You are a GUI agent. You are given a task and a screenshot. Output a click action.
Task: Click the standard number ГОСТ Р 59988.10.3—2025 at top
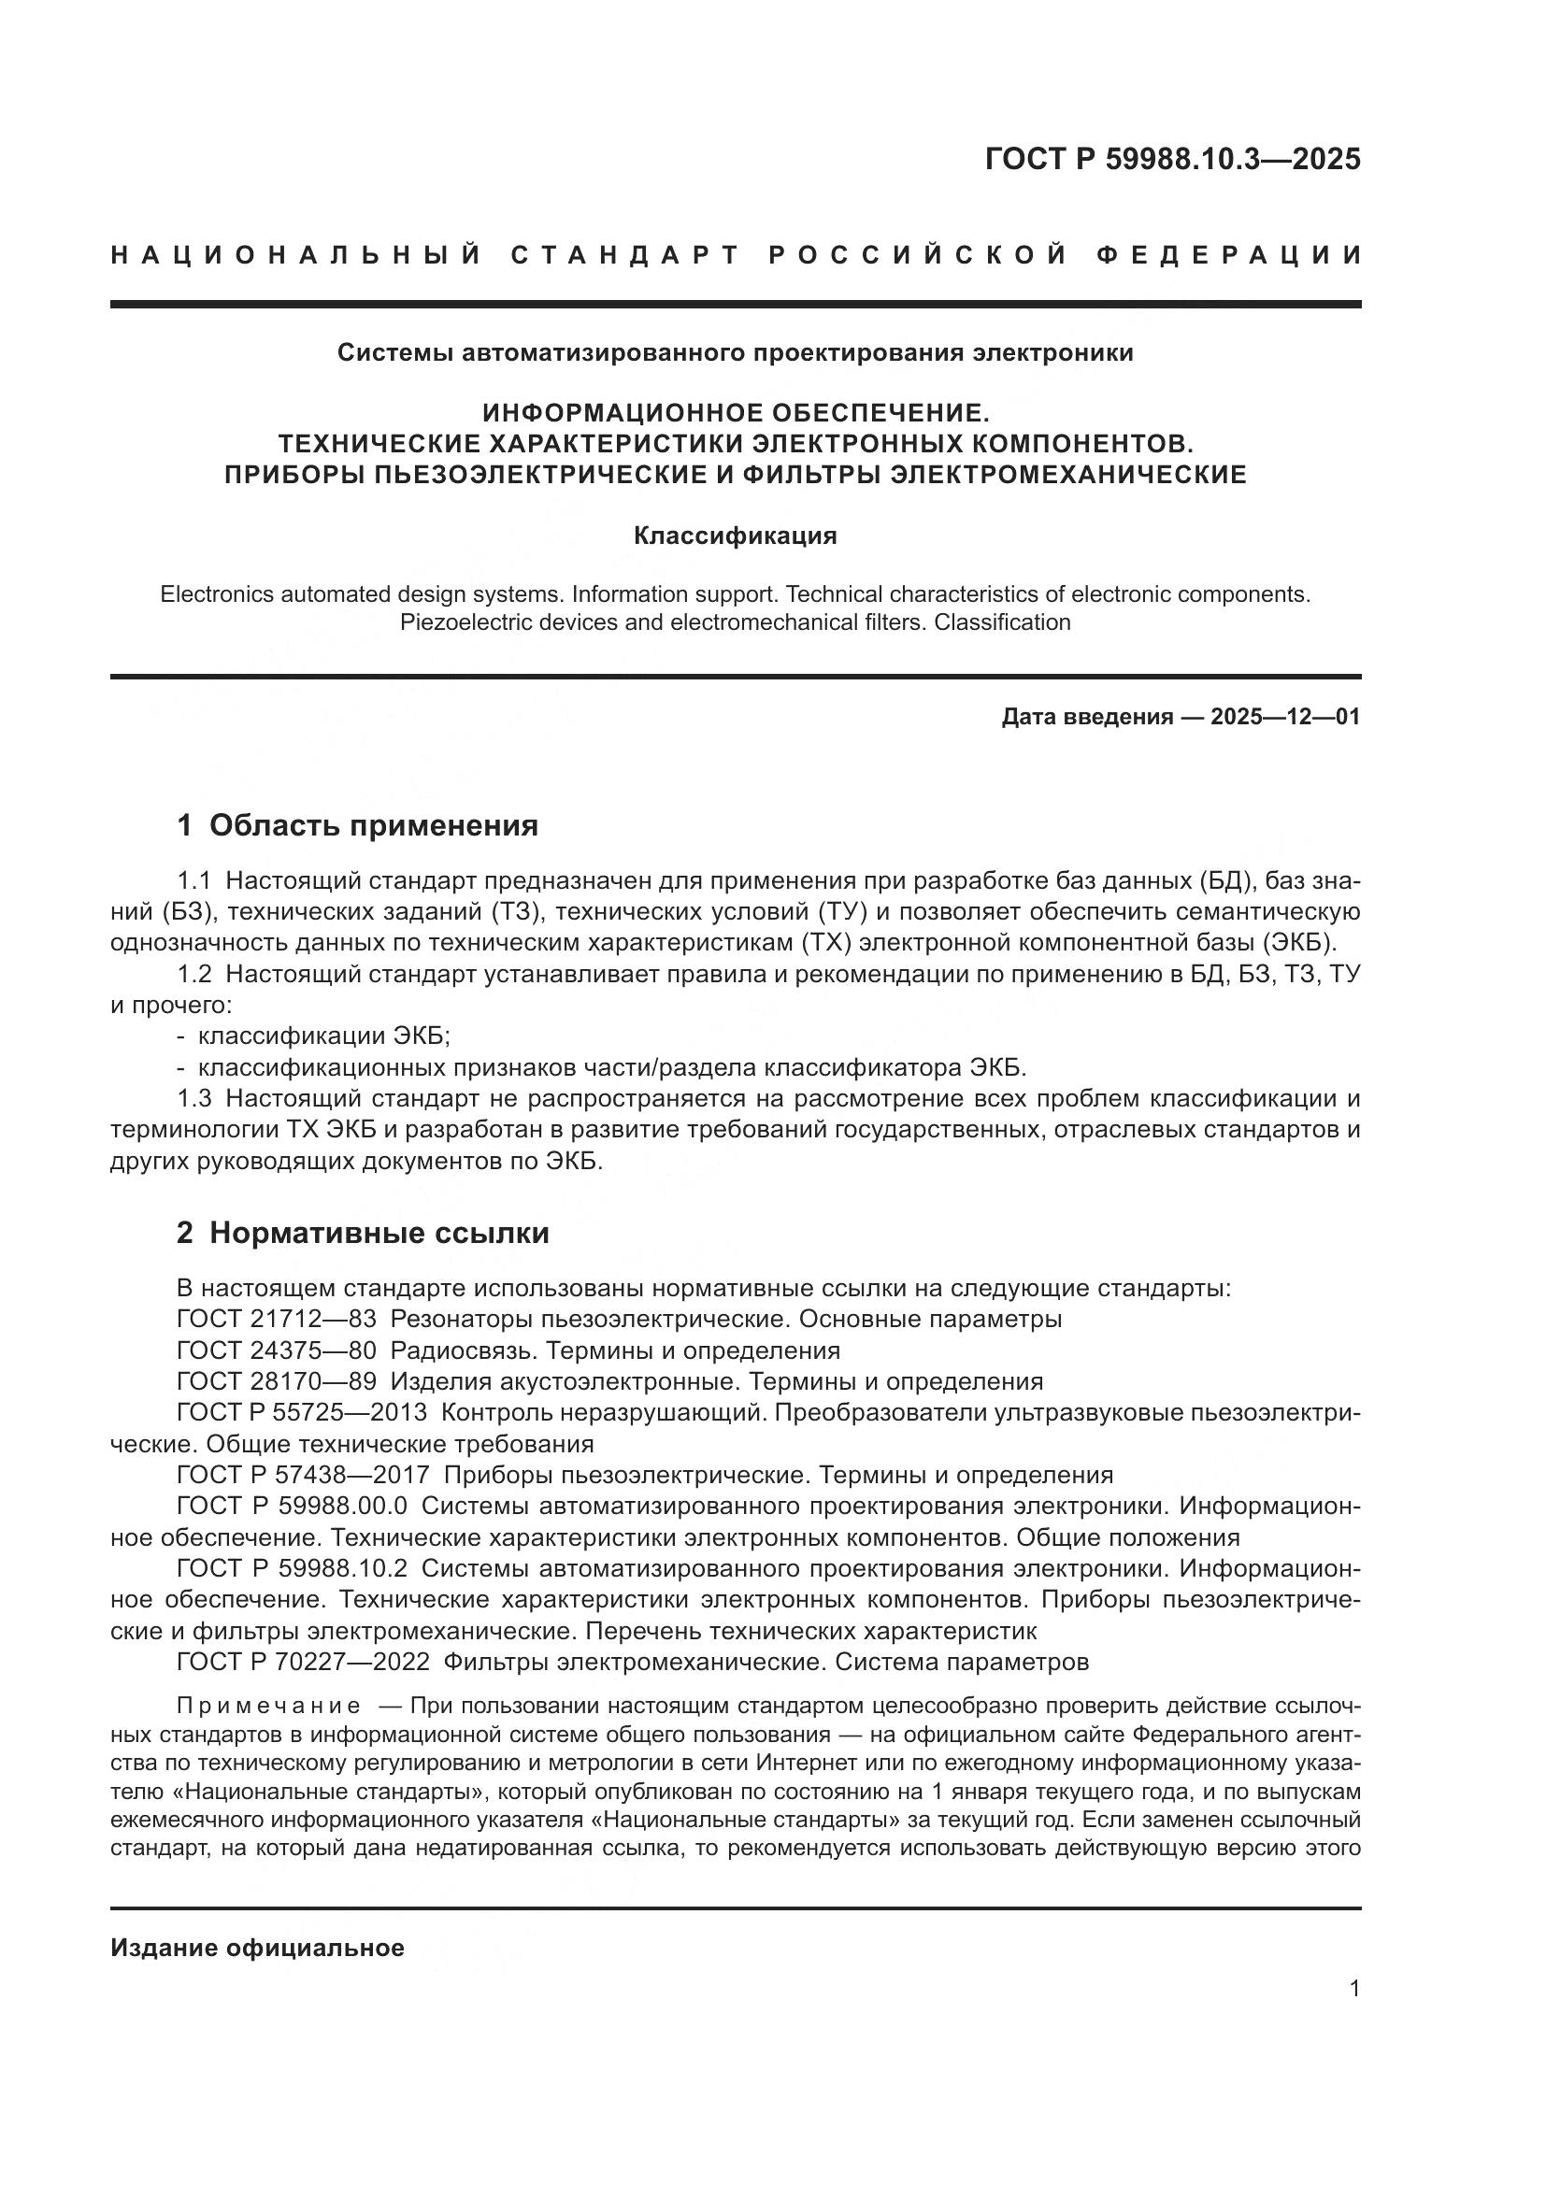pos(1172,159)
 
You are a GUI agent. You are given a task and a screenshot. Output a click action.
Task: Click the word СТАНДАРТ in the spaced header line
pos(625,255)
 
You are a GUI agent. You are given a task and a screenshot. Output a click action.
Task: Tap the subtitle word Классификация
pos(735,536)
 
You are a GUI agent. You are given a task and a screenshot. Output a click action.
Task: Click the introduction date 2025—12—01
pos(1285,717)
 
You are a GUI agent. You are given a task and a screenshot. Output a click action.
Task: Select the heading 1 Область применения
pos(357,825)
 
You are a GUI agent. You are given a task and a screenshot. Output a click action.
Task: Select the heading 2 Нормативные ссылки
pos(363,1233)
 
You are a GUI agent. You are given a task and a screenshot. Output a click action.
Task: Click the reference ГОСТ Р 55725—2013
pos(302,1413)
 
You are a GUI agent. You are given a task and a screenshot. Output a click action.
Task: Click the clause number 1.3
pos(194,1099)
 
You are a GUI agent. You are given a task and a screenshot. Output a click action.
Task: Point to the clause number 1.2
pos(194,974)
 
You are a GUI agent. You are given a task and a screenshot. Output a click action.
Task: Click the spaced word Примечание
pos(268,1706)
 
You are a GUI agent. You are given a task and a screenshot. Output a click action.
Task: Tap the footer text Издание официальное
pos(257,1948)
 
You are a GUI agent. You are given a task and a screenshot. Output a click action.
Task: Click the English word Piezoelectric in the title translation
pos(460,622)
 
